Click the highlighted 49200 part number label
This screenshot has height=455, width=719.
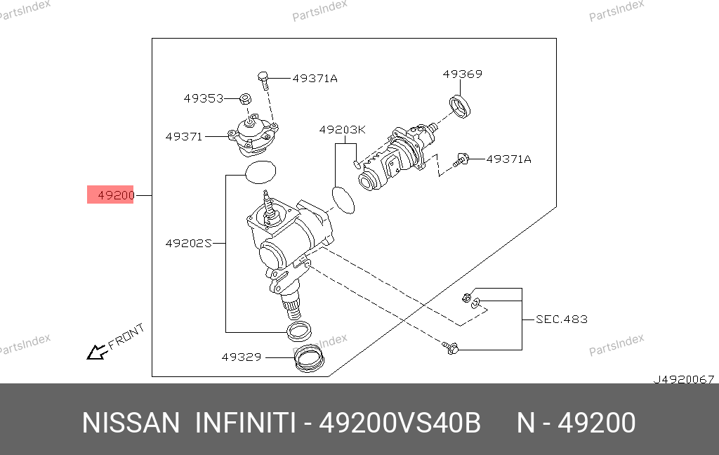click(116, 195)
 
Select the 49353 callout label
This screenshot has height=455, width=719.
click(204, 98)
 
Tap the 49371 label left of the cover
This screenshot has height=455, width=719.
click(184, 137)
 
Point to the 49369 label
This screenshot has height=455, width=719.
click(462, 74)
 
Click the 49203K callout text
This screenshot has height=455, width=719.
click(342, 130)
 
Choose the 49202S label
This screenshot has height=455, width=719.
click(188, 243)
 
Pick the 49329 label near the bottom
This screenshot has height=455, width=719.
click(242, 357)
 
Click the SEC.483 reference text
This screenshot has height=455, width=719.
click(562, 319)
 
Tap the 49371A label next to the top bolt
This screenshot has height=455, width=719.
click(315, 79)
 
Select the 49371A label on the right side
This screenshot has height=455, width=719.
click(508, 159)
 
